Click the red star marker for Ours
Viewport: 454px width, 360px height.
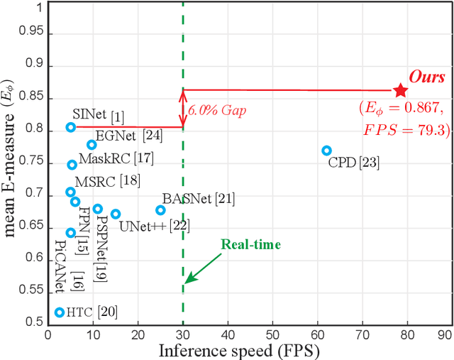pos(401,90)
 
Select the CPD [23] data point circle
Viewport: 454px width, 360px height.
pos(326,151)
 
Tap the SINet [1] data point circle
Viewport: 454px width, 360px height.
pos(71,128)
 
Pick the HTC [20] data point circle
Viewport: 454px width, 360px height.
pos(60,312)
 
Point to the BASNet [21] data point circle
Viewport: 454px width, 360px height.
pos(160,210)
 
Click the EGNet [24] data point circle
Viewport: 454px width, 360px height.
pos(92,145)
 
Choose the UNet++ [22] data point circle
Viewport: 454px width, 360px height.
pos(116,214)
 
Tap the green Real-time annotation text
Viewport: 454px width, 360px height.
pos(251,245)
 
